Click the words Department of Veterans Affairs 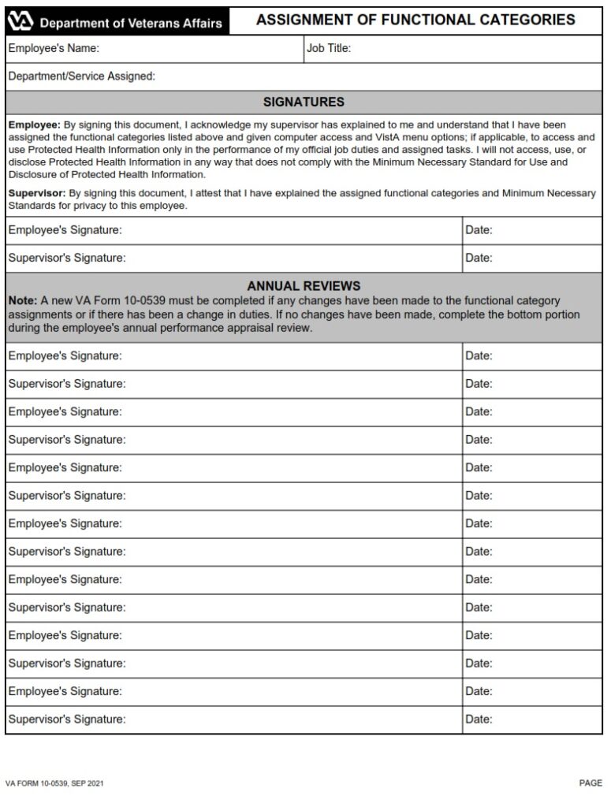(x=131, y=24)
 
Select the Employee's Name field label (x=54, y=49)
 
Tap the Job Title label (x=329, y=49)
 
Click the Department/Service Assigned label (x=81, y=76)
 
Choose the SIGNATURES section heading (x=304, y=102)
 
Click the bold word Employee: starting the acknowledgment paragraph (x=34, y=125)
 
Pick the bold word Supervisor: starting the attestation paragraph (x=37, y=194)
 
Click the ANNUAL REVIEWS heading (x=304, y=286)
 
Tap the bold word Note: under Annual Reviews (x=23, y=301)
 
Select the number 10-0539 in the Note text (x=153, y=301)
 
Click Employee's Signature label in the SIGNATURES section (x=65, y=230)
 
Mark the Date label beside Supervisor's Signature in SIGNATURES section (x=479, y=258)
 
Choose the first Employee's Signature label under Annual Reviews (x=65, y=356)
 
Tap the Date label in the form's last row (x=479, y=719)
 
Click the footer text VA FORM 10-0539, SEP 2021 (x=54, y=784)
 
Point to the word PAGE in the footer (x=591, y=784)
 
